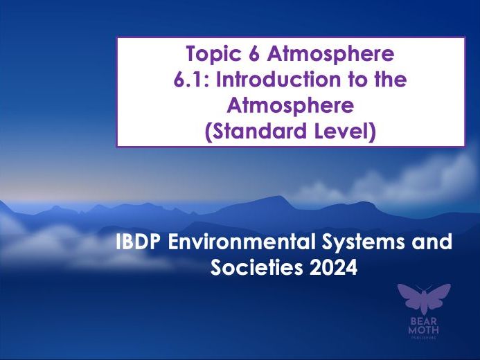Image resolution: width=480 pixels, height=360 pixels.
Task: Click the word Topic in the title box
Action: [209, 53]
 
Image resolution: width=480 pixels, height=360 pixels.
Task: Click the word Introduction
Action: [275, 80]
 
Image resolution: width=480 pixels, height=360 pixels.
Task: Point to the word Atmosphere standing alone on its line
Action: [290, 105]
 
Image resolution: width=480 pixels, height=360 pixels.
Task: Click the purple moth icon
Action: [423, 298]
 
